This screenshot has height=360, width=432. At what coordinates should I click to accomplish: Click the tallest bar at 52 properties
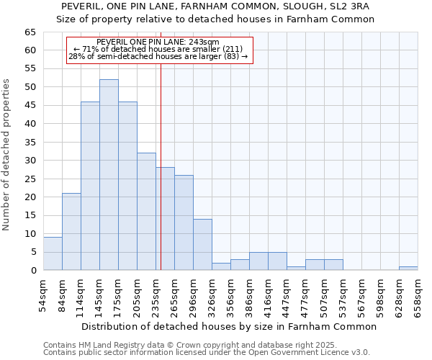pyautogui.click(x=109, y=175)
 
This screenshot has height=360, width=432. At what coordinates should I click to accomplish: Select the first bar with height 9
pyautogui.click(x=53, y=253)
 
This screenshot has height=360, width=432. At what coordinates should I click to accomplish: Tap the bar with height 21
pyautogui.click(x=71, y=232)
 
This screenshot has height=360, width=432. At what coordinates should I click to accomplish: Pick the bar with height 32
pyautogui.click(x=146, y=212)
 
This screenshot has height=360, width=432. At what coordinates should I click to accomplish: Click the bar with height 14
pyautogui.click(x=202, y=245)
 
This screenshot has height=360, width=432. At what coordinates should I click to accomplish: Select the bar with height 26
pyautogui.click(x=184, y=222)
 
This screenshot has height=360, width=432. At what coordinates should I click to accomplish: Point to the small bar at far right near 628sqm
pyautogui.click(x=408, y=269)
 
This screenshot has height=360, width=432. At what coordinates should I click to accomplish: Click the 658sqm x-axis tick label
pyautogui.click(x=418, y=294)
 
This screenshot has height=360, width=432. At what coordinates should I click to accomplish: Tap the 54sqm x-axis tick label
pyautogui.click(x=43, y=294)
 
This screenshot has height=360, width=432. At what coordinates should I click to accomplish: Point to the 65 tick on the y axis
pyautogui.click(x=30, y=32)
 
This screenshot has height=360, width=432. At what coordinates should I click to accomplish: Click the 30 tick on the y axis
pyautogui.click(x=30, y=161)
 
